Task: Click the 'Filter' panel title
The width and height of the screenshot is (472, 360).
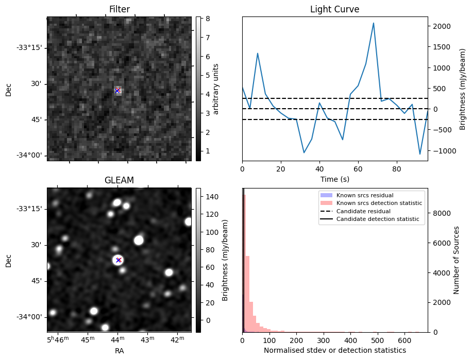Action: click(x=119, y=9)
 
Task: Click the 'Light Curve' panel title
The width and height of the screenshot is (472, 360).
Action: click(x=334, y=9)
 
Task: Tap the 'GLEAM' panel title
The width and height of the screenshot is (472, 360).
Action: click(x=119, y=180)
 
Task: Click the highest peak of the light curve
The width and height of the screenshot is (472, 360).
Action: click(x=374, y=23)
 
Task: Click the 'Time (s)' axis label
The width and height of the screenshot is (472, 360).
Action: click(x=334, y=178)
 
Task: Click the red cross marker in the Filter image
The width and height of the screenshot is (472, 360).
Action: click(x=117, y=91)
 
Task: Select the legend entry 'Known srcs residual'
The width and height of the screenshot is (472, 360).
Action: click(x=365, y=195)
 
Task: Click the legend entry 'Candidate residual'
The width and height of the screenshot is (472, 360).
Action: click(x=363, y=212)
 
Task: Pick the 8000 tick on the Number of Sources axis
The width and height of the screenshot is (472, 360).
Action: click(x=439, y=213)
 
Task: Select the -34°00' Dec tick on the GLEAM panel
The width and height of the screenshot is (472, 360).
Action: click(x=30, y=317)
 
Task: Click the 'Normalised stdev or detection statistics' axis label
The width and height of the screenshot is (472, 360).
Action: click(x=334, y=351)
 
